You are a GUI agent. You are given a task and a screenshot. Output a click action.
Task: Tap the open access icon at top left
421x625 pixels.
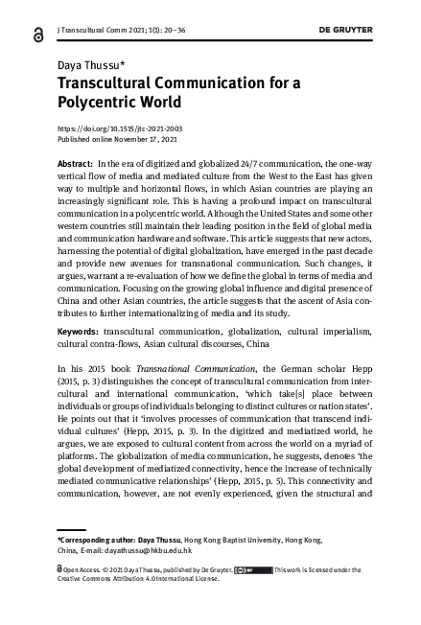point(36,33)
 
